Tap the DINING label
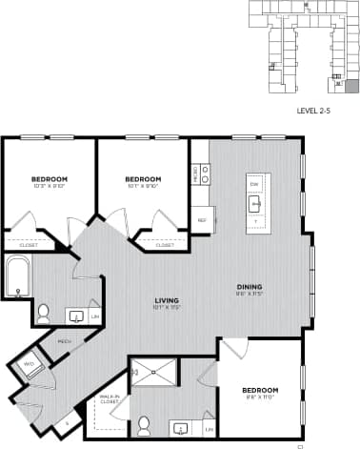pyautogui.click(x=250, y=287)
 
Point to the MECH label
pyautogui.click(x=66, y=341)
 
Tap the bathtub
pyautogui.click(x=17, y=279)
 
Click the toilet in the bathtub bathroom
pyautogui.click(x=43, y=311)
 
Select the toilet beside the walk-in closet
pyautogui.click(x=145, y=423)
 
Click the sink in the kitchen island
pyautogui.click(x=255, y=203)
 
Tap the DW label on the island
pyautogui.click(x=254, y=183)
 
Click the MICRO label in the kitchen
pyautogui.click(x=195, y=173)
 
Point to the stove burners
pyautogui.click(x=205, y=173)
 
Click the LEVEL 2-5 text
pyautogui.click(x=313, y=112)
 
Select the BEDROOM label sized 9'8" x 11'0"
pyautogui.click(x=259, y=392)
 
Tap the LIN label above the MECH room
pyautogui.click(x=96, y=316)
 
